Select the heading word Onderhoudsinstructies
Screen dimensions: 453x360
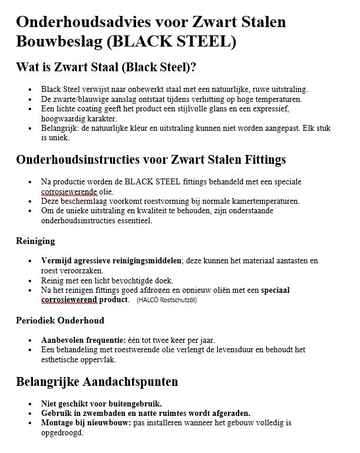click(x=82, y=159)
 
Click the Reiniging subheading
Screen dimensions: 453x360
click(x=35, y=241)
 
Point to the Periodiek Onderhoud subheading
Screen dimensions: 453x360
click(x=60, y=320)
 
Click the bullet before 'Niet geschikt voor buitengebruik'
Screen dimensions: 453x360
click(x=31, y=404)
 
